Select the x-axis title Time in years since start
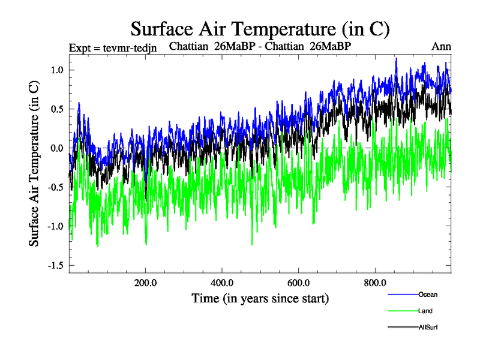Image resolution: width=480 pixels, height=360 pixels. [x=260, y=298]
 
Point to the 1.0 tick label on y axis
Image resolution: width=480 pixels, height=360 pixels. [x=56, y=70]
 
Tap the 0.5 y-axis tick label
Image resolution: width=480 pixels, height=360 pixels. [x=56, y=109]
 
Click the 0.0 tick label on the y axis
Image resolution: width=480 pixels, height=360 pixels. [x=56, y=148]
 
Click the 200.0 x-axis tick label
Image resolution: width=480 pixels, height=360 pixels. [x=145, y=283]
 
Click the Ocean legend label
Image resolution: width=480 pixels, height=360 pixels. [x=428, y=295]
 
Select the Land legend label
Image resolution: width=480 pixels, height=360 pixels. [x=425, y=311]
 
